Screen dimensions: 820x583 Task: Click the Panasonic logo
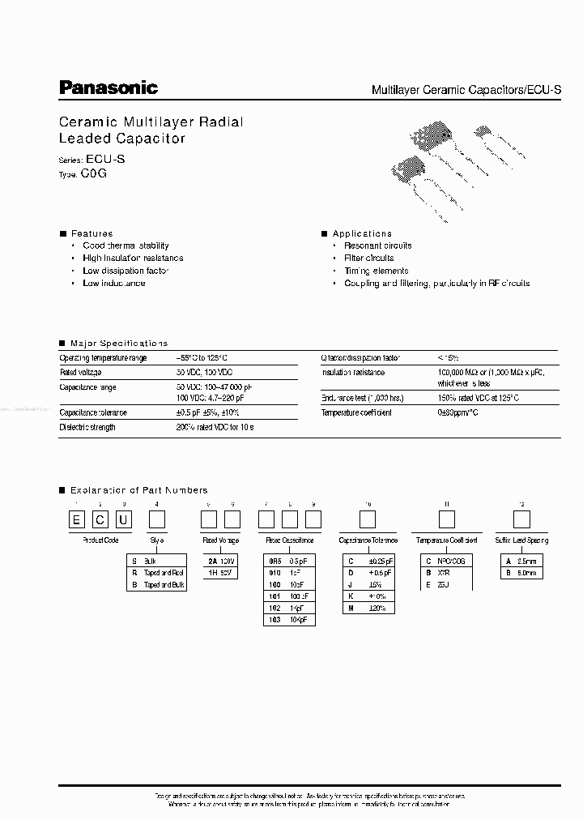tap(109, 88)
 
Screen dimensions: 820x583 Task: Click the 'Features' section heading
tap(91, 233)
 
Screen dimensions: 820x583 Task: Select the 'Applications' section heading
tap(362, 233)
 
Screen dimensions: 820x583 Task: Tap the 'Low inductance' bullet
tap(113, 284)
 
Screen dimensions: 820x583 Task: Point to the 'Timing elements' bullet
tap(376, 271)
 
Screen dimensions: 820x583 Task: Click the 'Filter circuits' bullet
tap(368, 258)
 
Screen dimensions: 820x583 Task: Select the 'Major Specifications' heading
tap(119, 344)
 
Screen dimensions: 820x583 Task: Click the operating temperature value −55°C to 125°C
tap(203, 357)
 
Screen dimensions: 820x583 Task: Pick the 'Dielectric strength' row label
tap(87, 427)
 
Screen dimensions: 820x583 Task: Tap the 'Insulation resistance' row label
tap(353, 373)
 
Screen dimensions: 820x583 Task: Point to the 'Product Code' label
tap(100, 540)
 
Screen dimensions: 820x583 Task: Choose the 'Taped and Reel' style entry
tap(164, 573)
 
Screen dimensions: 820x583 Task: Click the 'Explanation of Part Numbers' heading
tap(138, 490)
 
